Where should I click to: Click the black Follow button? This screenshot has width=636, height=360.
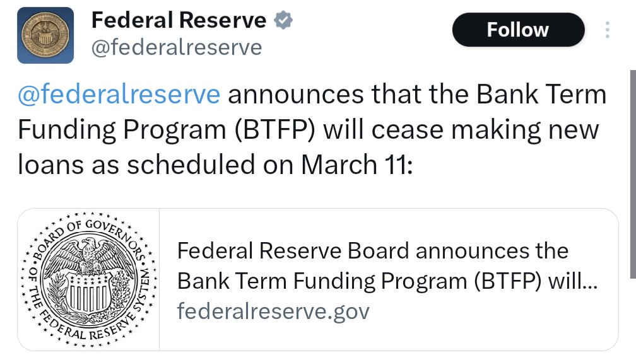click(518, 30)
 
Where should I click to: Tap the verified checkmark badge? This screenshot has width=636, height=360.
click(283, 20)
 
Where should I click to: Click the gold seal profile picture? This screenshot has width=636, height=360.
click(45, 35)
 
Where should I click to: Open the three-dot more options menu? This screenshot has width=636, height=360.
click(607, 30)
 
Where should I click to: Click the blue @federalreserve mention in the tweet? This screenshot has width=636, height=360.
click(119, 94)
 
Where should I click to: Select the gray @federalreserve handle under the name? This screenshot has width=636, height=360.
click(177, 48)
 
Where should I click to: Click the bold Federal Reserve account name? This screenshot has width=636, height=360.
click(179, 20)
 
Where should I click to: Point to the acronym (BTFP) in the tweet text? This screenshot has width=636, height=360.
click(274, 130)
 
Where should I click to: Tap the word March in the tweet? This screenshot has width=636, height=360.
click(339, 165)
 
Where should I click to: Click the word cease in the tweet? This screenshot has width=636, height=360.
click(407, 131)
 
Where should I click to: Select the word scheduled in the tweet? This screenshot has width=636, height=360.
click(191, 165)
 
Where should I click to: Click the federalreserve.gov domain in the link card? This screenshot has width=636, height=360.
click(273, 311)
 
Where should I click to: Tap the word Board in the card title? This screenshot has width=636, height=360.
click(378, 250)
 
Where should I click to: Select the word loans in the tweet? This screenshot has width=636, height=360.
click(49, 165)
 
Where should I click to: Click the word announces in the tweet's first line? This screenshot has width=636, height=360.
click(296, 95)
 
